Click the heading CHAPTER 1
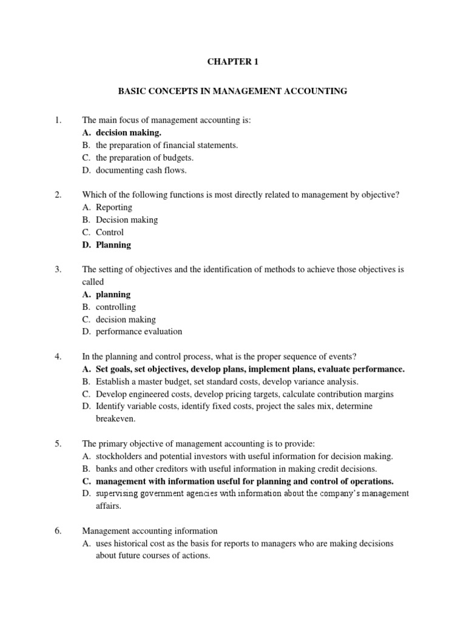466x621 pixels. [232, 62]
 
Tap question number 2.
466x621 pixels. [58, 194]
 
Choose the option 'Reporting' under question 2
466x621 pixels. [114, 207]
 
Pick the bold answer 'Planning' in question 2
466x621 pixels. [113, 245]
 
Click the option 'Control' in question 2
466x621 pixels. [110, 232]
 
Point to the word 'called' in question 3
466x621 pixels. [93, 281]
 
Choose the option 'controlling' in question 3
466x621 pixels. [116, 307]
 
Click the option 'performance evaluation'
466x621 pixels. [139, 332]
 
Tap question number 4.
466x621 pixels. [58, 356]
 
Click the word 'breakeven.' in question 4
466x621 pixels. [115, 418]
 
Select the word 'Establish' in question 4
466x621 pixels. [113, 381]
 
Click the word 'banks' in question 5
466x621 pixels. [106, 468]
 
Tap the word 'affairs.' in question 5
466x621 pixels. [109, 506]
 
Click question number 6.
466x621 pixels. [58, 531]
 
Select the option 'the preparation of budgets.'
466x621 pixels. [144, 158]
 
